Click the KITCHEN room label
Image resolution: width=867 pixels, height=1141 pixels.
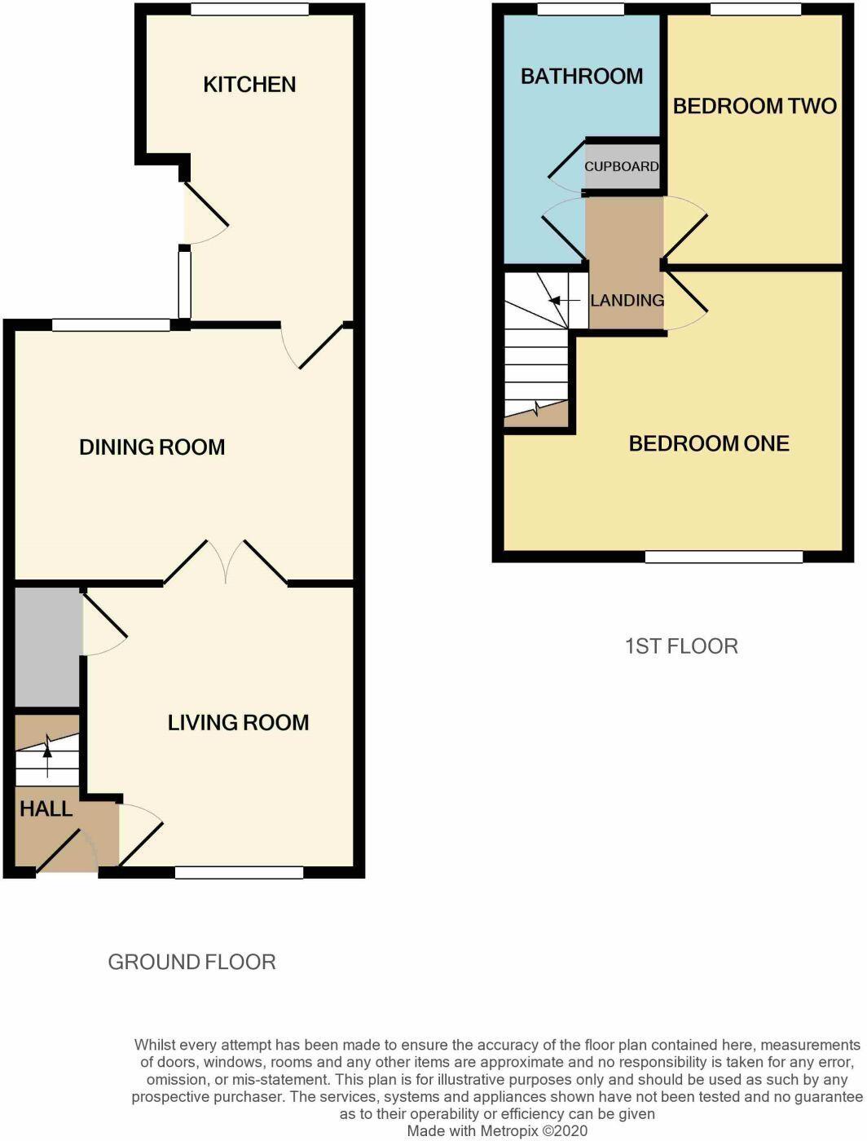[249, 85]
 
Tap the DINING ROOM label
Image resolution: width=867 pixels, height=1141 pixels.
[152, 447]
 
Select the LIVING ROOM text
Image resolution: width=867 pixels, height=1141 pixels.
[239, 723]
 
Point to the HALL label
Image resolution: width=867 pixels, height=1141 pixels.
[46, 808]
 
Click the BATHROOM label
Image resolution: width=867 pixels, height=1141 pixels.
[582, 77]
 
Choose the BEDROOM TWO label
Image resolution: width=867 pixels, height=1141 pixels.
[755, 106]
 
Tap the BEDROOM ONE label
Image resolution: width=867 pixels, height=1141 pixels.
[709, 443]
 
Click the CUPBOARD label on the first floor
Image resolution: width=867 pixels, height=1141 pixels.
[622, 167]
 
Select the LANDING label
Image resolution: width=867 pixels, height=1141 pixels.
[627, 301]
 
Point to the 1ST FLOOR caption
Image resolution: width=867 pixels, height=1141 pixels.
[681, 646]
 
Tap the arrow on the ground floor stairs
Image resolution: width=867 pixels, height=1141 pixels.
[48, 762]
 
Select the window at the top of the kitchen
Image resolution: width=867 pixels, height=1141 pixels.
[249, 9]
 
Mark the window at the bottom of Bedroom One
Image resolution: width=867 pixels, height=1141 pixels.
[724, 557]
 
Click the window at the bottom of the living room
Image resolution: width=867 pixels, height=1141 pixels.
[239, 873]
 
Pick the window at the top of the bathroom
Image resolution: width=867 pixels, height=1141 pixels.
[581, 9]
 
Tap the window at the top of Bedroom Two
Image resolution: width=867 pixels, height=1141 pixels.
[756, 9]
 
